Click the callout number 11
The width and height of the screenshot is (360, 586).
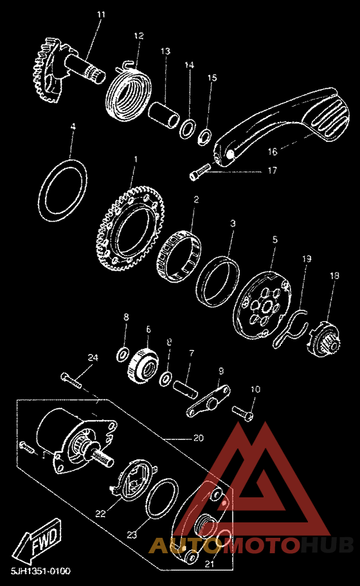tap(101, 15)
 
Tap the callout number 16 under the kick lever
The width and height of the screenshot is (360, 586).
tap(273, 152)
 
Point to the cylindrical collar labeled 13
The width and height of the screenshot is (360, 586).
tap(165, 116)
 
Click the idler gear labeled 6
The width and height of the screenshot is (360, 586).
tap(144, 364)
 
